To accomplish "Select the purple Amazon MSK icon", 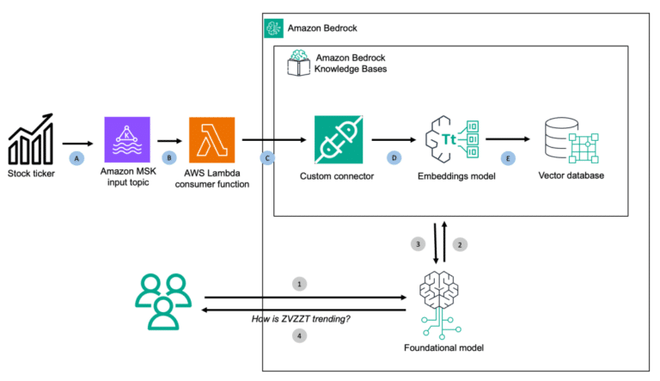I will (x=126, y=140).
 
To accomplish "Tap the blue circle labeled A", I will (x=76, y=158).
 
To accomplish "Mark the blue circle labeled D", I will (x=394, y=158).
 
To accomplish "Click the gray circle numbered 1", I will (x=299, y=283).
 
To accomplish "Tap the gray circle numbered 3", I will (x=418, y=244).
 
